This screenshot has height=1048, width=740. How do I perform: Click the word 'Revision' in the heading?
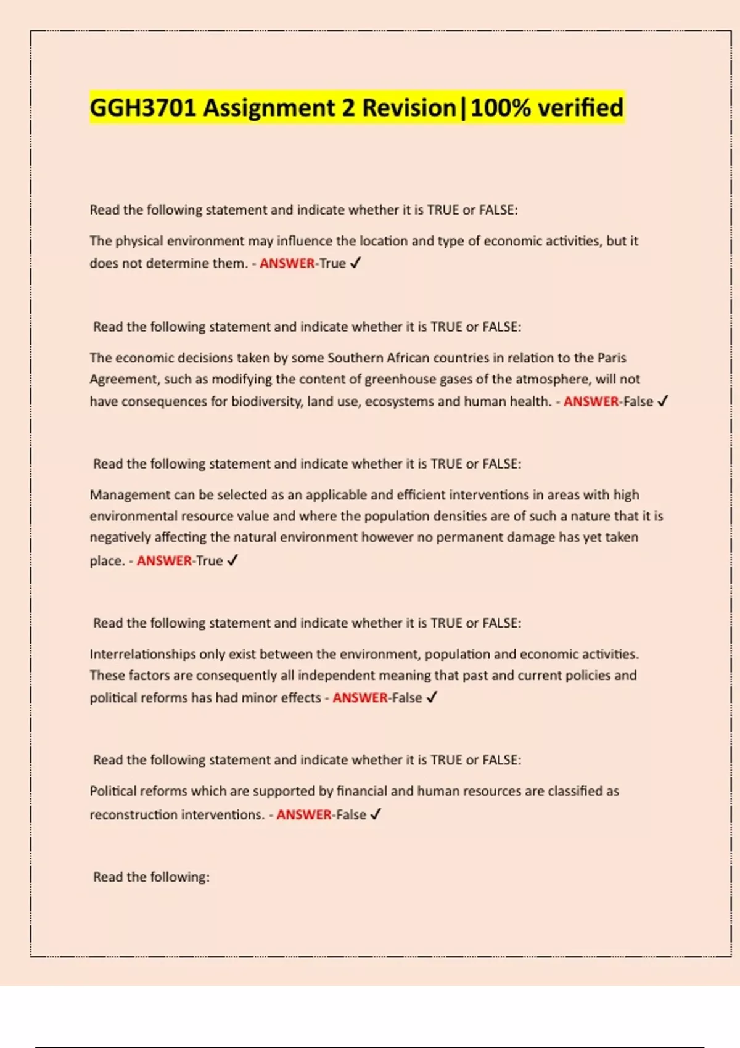tap(409, 108)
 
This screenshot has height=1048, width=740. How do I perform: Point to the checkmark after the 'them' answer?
tap(355, 263)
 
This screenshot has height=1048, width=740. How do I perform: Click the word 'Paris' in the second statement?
tap(611, 358)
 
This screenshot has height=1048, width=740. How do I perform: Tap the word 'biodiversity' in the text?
tap(267, 402)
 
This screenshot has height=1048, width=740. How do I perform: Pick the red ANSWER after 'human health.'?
tap(591, 402)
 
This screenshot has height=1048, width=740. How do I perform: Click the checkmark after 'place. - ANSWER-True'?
tap(232, 561)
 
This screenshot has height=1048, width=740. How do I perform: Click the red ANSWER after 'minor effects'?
tap(360, 698)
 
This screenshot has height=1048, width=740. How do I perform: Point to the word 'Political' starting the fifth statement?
tap(113, 791)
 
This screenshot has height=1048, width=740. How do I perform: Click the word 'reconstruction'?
tap(133, 815)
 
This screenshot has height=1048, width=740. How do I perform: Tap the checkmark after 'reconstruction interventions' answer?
tap(376, 814)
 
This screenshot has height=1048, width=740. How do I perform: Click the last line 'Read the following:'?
tap(151, 877)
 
